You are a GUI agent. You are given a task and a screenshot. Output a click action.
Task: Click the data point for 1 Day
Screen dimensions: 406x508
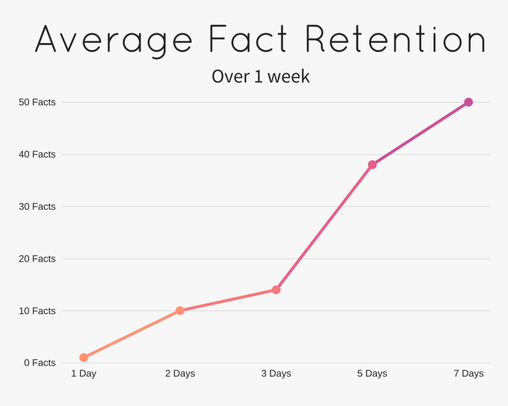[84, 357]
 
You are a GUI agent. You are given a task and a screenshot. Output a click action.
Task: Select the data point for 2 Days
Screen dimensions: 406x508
[180, 310]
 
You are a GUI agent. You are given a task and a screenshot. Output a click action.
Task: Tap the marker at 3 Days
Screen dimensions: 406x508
[276, 290]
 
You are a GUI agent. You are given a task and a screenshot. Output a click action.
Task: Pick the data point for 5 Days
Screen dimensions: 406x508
[372, 165]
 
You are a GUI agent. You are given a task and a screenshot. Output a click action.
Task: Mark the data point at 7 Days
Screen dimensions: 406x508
[468, 102]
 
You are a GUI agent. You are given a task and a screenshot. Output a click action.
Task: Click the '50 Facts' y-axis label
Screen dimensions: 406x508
[37, 102]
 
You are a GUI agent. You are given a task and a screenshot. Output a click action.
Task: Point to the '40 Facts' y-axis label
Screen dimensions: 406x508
[37, 155]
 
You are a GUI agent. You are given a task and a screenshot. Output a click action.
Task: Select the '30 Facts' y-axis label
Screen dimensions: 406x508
[37, 207]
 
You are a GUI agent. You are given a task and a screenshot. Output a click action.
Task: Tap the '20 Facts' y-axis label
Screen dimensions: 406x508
[37, 258]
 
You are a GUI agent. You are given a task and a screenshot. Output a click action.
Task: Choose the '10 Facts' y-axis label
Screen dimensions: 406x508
[37, 310]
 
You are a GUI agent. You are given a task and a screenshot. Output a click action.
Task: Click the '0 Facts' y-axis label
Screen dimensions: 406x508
[40, 363]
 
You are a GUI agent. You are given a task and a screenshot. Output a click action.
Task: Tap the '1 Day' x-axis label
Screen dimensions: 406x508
[84, 374]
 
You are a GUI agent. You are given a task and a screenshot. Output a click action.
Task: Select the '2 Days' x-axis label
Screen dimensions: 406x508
[180, 374]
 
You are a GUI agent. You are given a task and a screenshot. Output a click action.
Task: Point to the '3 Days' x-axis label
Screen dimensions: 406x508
[276, 374]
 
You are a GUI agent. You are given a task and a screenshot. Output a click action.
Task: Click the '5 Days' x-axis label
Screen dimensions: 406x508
[372, 374]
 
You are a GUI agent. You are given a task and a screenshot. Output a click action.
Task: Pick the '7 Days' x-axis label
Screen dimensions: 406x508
[468, 374]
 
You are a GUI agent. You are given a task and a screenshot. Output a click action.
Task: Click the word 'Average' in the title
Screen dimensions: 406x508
[114, 40]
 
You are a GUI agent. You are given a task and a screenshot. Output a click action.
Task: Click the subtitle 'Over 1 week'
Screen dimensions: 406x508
[260, 77]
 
